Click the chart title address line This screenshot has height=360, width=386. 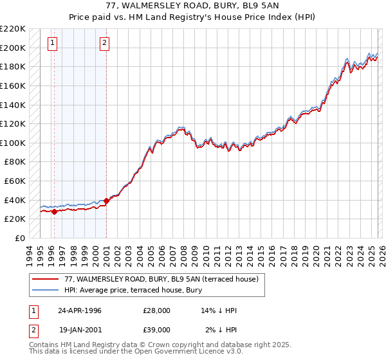tap(193, 6)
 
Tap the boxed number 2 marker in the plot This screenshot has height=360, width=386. tap(104, 44)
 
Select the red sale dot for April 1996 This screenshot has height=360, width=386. tap(54, 212)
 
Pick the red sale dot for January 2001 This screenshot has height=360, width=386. tap(106, 201)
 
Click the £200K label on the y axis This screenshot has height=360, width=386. tap(13, 48)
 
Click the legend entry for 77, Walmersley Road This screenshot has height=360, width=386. tap(161, 279)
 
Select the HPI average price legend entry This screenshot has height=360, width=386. tap(142, 289)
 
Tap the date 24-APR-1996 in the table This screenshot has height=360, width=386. tap(80, 310)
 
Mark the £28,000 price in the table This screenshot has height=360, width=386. tap(157, 310)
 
